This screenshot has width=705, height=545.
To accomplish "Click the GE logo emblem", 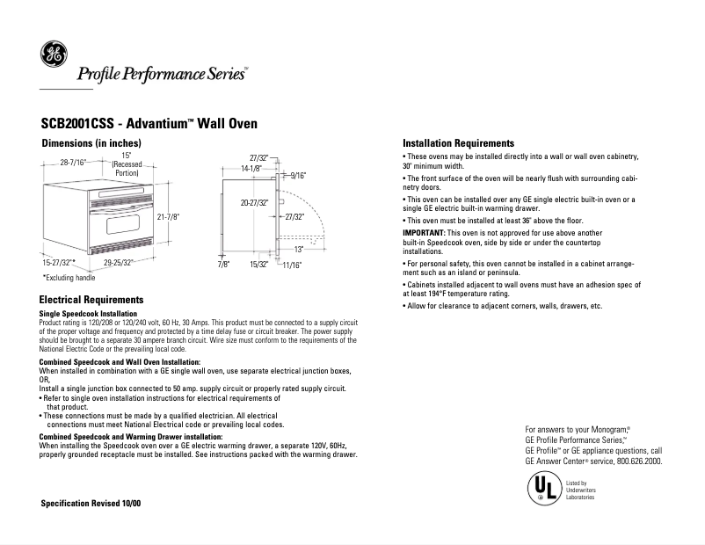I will click(52, 55).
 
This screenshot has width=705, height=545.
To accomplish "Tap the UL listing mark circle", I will click(541, 488).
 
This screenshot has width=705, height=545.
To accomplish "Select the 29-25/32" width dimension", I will click(118, 263).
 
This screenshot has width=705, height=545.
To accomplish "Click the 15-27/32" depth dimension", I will click(58, 263).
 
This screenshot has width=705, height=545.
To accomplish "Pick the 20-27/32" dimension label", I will click(254, 203).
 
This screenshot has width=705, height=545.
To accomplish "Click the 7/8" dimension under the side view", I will click(223, 264).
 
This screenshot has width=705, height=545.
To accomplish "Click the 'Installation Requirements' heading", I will click(458, 142).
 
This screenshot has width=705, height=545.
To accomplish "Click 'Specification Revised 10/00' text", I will click(91, 502).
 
